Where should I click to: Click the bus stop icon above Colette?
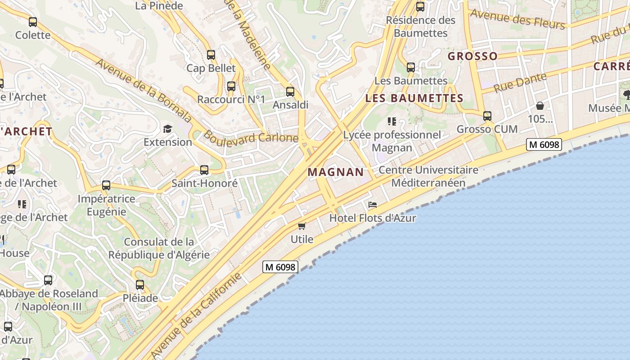[x=33, y=22]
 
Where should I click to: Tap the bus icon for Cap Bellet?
[x=211, y=55]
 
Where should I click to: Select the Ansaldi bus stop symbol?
[x=290, y=92]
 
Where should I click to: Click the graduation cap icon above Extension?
[x=167, y=129]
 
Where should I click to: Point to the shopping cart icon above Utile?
[x=301, y=226]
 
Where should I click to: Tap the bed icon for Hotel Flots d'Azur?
[x=373, y=205]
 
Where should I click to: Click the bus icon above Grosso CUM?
[x=487, y=116]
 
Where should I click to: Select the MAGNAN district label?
[x=336, y=172]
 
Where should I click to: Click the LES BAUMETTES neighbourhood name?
[x=414, y=98]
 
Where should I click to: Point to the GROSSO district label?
[x=472, y=56]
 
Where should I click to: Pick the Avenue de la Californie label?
[x=197, y=315]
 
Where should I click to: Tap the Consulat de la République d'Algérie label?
[x=159, y=248]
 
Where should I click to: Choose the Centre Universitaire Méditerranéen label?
[x=428, y=176]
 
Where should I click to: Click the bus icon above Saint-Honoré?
[x=204, y=170]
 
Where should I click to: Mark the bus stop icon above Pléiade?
[x=140, y=284]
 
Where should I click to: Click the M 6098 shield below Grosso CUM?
[x=544, y=144]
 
